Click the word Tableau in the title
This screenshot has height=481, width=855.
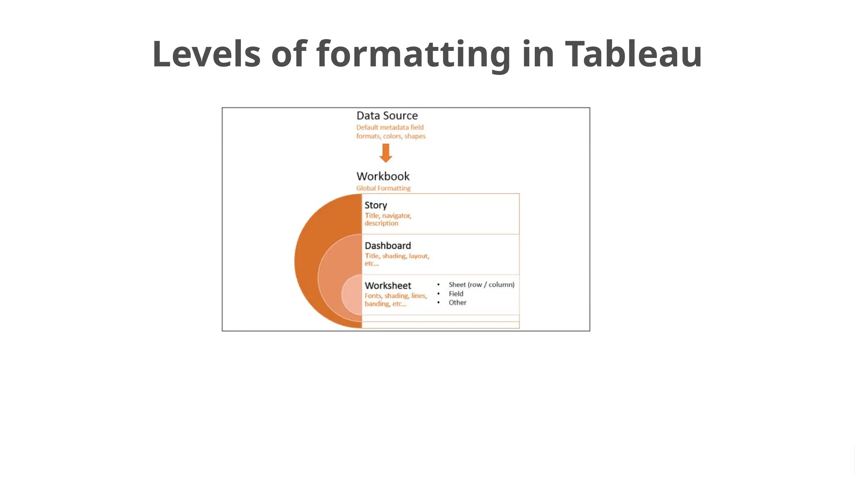click(633, 54)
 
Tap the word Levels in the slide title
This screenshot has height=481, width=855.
click(206, 54)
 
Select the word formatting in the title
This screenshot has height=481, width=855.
click(413, 55)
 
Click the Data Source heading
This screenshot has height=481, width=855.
click(387, 116)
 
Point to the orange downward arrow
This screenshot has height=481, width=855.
click(386, 153)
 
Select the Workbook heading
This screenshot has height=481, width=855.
click(383, 176)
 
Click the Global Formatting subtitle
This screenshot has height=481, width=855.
click(383, 188)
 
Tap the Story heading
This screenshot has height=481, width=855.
click(376, 205)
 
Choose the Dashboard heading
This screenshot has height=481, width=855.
click(388, 246)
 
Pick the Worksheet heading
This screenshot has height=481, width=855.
click(388, 286)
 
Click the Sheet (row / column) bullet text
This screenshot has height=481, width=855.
click(481, 285)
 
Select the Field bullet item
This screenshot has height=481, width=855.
click(456, 294)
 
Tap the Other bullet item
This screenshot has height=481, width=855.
click(458, 303)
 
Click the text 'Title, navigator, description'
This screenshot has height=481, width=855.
click(388, 219)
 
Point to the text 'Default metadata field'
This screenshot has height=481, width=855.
click(390, 127)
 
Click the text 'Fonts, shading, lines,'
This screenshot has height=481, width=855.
click(396, 296)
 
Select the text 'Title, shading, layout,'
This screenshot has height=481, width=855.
click(397, 256)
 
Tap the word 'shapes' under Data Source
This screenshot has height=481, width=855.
click(415, 136)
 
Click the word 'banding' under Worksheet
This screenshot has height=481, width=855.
click(377, 304)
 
